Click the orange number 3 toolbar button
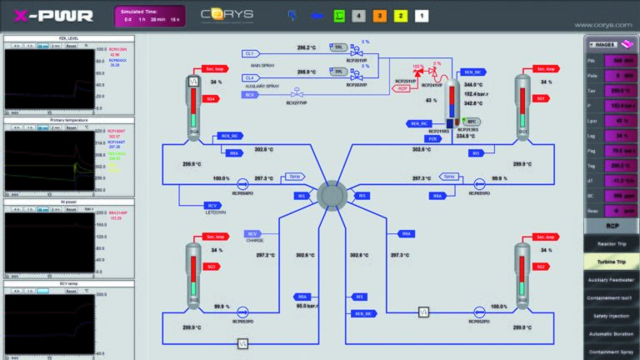point(378,16)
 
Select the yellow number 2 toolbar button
point(400,16)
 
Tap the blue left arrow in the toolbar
point(317,15)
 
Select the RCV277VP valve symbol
point(296,92)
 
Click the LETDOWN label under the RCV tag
point(213,212)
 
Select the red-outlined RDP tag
point(403,89)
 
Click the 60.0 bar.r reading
point(310,306)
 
